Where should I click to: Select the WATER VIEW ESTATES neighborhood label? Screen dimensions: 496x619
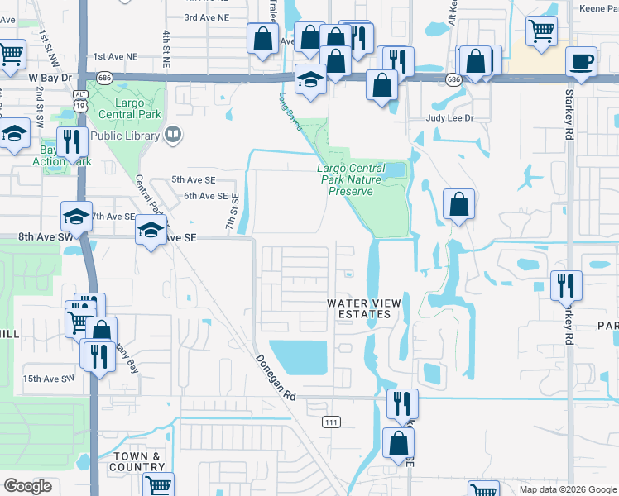tap(364, 308)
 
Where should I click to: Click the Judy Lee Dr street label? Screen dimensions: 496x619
tap(449, 118)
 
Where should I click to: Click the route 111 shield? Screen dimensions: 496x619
tap(332, 422)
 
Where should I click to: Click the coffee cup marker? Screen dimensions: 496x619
tap(581, 61)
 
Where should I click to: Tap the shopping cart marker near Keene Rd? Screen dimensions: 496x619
tap(541, 31)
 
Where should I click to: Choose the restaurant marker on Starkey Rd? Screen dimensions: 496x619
tap(566, 285)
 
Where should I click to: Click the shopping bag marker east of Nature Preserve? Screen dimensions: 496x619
tap(458, 204)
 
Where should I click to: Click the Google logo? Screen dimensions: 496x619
tap(27, 486)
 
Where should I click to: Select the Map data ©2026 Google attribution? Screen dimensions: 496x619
tap(568, 489)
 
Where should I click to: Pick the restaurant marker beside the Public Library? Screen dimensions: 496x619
tap(71, 141)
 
